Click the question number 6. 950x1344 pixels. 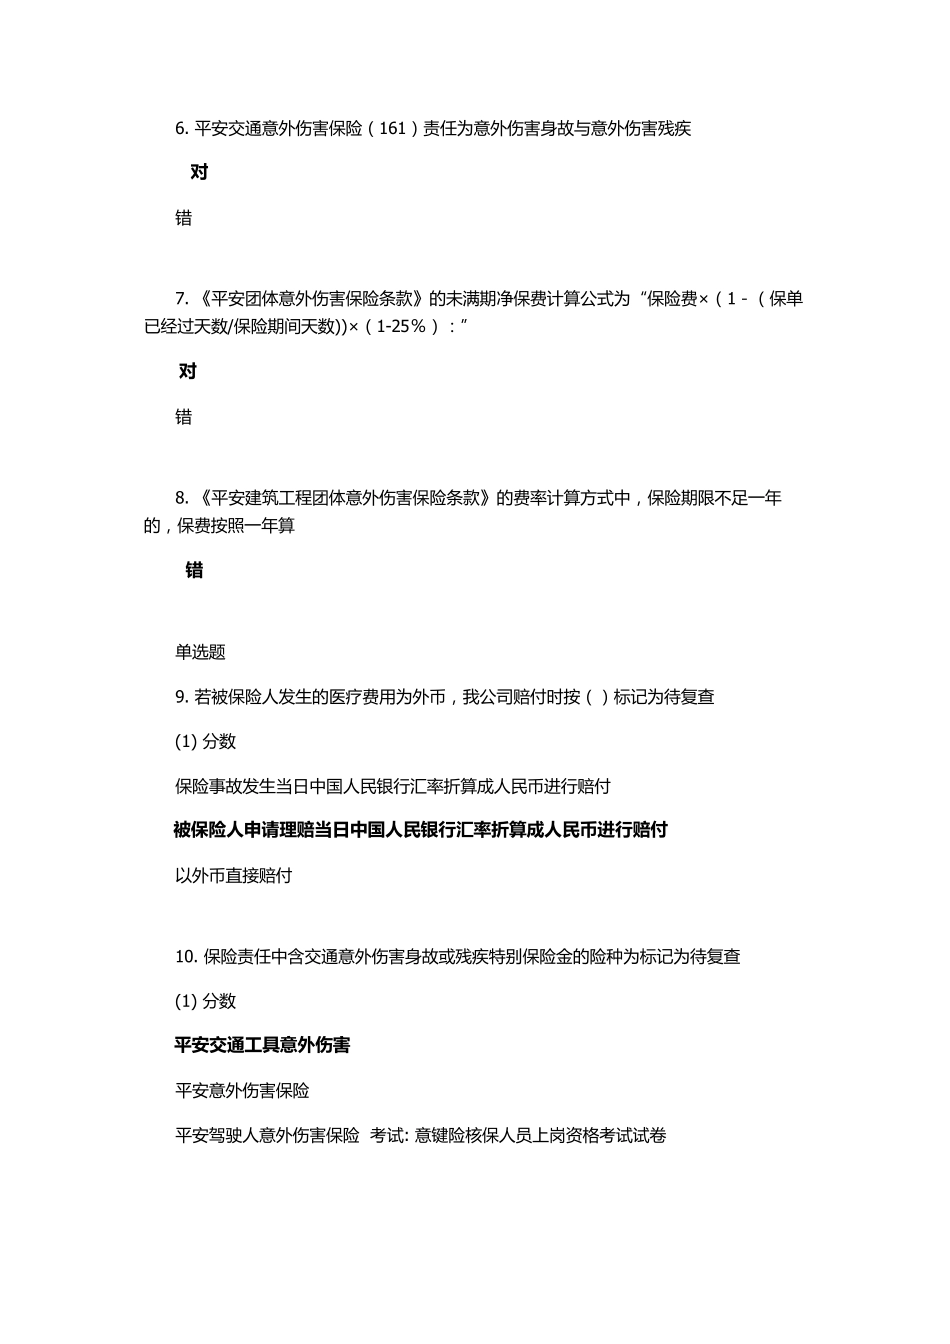[181, 128]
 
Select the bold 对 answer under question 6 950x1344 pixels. [199, 172]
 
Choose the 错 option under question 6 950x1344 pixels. [183, 218]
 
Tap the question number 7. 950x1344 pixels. [181, 298]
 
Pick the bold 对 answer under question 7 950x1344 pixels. [188, 371]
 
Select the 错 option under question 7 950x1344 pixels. [183, 417]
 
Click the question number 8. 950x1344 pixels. [181, 498]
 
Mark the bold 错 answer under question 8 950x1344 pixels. [194, 570]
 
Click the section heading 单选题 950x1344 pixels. [200, 652]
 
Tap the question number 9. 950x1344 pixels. [181, 697]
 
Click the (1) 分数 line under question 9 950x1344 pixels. [205, 741]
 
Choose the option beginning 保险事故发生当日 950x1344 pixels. [392, 786]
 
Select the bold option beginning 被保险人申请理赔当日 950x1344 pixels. [420, 830]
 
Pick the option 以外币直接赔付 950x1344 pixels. [233, 876]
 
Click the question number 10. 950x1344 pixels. [185, 957]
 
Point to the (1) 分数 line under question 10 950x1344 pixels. [205, 1001]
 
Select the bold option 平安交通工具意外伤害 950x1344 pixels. [262, 1045]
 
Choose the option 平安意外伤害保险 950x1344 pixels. [242, 1090]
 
